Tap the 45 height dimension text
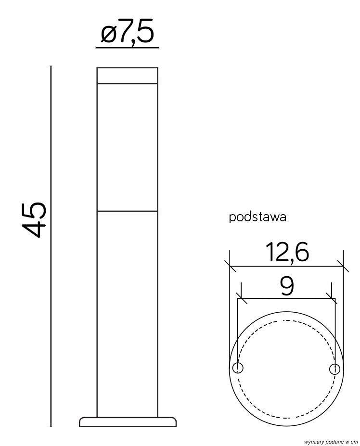coord(34,219)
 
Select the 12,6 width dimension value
coord(287,252)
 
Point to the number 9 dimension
coord(286,286)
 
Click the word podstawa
coord(257,217)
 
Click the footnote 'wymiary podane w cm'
coord(331,442)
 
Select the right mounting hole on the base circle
coord(334,369)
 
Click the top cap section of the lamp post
coord(127,76)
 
